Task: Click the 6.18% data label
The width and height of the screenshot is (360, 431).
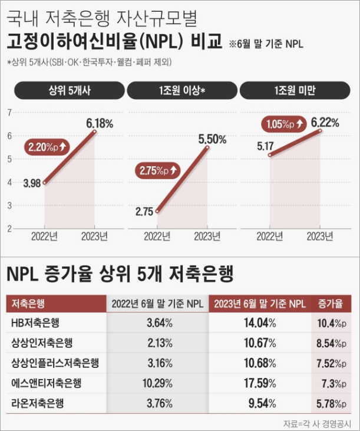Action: [99, 123]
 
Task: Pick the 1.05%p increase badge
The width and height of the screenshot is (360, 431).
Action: [285, 124]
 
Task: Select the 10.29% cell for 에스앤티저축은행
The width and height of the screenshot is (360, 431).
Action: [157, 383]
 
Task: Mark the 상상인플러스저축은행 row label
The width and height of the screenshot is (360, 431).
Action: [55, 363]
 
